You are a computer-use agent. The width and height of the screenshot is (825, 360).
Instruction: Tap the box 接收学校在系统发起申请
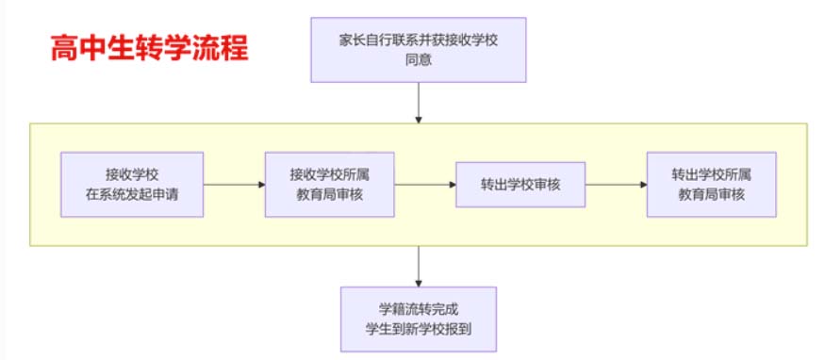[131, 185]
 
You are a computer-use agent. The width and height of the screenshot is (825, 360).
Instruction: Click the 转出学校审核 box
[520, 185]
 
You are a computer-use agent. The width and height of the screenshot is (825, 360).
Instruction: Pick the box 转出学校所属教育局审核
[711, 185]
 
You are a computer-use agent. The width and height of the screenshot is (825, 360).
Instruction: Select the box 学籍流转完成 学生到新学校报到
[417, 319]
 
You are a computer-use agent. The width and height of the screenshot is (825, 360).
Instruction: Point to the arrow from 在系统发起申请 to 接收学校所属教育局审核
[234, 185]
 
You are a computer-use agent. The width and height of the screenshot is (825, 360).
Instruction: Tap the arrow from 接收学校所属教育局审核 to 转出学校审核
[424, 185]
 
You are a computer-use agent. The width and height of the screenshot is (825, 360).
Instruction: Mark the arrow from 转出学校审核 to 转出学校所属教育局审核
[616, 185]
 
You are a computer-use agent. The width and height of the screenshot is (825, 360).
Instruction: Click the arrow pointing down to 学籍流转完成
[417, 268]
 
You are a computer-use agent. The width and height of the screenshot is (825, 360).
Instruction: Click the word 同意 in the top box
[417, 59]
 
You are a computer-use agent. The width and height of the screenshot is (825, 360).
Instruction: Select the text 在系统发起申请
[131, 195]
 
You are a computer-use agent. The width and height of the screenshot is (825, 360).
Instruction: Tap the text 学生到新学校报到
[417, 330]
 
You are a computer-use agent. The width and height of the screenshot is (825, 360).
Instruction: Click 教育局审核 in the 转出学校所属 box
[711, 195]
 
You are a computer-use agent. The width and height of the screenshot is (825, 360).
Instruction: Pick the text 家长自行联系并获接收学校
[417, 40]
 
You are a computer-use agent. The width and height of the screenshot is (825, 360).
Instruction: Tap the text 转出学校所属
[711, 174]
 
